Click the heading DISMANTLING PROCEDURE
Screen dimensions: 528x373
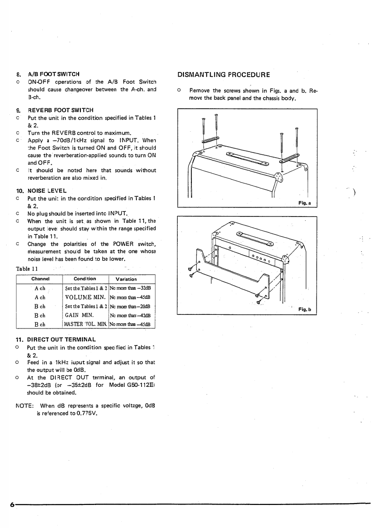[223, 74]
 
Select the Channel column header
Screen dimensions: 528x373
[40, 279]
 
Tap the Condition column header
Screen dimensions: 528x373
[85, 279]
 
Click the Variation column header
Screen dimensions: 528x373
[126, 279]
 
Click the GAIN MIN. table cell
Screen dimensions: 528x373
[80, 315]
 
